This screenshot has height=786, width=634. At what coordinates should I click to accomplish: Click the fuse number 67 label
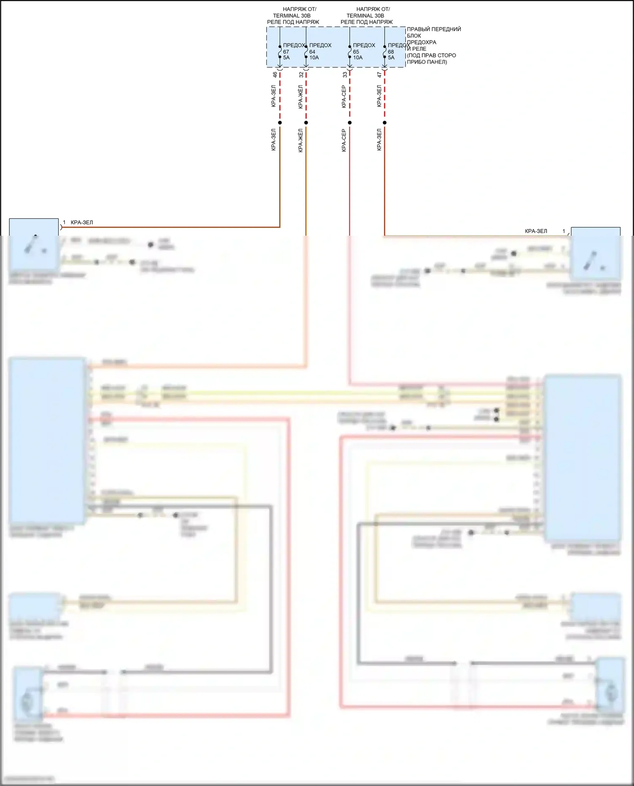click(x=286, y=52)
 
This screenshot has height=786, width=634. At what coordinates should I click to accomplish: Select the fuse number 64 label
click(x=312, y=52)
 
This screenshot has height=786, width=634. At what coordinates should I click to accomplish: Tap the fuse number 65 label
click(x=356, y=52)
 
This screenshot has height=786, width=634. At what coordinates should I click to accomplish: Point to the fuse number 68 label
click(x=391, y=52)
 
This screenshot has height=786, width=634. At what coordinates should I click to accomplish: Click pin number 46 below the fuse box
click(x=275, y=74)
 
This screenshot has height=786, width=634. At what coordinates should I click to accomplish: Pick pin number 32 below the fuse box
click(x=301, y=74)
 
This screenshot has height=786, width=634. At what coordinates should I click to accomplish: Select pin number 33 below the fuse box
click(x=345, y=74)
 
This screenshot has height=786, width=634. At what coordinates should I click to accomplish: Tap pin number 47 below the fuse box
click(x=380, y=74)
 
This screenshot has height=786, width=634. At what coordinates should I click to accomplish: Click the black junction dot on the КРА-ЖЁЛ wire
click(x=306, y=122)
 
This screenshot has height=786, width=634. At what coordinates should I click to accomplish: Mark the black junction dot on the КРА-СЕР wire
click(x=350, y=122)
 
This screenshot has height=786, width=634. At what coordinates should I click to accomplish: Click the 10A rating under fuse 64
click(x=314, y=57)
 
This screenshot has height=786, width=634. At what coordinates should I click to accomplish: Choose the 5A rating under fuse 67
click(x=287, y=57)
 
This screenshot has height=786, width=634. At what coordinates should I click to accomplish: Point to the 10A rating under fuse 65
click(x=358, y=57)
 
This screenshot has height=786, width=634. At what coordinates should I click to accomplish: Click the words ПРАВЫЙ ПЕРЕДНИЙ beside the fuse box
click(x=434, y=29)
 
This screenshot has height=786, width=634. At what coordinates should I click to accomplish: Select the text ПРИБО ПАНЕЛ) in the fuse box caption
click(x=427, y=62)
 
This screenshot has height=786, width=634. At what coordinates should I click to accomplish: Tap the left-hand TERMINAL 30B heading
click(x=292, y=16)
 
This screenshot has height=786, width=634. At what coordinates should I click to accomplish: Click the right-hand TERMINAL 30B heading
click(x=365, y=16)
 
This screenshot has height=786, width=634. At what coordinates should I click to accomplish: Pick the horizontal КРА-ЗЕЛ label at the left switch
click(x=82, y=222)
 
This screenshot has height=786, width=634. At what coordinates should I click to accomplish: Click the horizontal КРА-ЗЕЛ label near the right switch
click(x=536, y=231)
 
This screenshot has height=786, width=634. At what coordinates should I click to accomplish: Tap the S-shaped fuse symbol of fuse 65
click(x=350, y=52)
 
